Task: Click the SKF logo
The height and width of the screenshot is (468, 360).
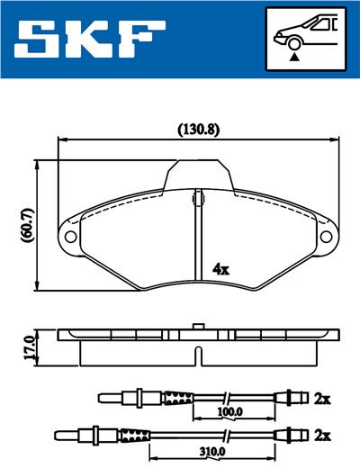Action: (x=88, y=37)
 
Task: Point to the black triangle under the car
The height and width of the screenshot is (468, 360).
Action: (x=294, y=56)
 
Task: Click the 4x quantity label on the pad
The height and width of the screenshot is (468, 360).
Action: (x=220, y=268)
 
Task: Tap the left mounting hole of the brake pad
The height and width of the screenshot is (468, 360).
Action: (x=68, y=236)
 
